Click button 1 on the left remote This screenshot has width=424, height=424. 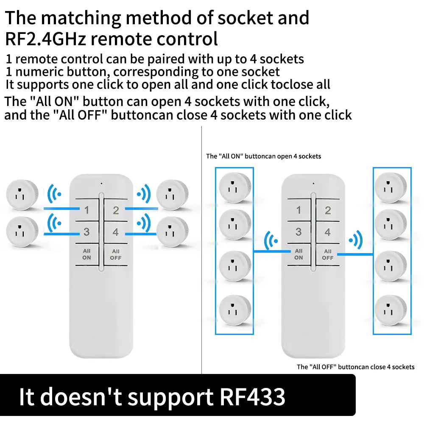(x=86, y=210)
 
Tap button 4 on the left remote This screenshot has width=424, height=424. (x=116, y=232)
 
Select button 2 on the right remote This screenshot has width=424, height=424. (x=328, y=210)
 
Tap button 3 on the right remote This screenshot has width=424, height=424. (x=298, y=232)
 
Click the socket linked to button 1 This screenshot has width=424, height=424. (x=22, y=195)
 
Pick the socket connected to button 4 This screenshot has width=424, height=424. (x=172, y=232)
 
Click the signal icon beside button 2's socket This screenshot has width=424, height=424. (x=144, y=194)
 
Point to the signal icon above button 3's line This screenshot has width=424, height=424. (x=54, y=223)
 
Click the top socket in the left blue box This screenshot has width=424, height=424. (x=235, y=187)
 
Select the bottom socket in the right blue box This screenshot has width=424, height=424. (x=391, y=310)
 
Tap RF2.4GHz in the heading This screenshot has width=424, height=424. (x=45, y=39)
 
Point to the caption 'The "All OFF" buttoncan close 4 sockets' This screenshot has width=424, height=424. (x=356, y=367)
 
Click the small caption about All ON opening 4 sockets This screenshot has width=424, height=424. (x=264, y=156)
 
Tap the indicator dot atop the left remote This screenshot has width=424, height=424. (x=101, y=184)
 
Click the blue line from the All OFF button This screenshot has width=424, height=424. (x=355, y=254)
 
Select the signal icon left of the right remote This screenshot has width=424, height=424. (x=271, y=240)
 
